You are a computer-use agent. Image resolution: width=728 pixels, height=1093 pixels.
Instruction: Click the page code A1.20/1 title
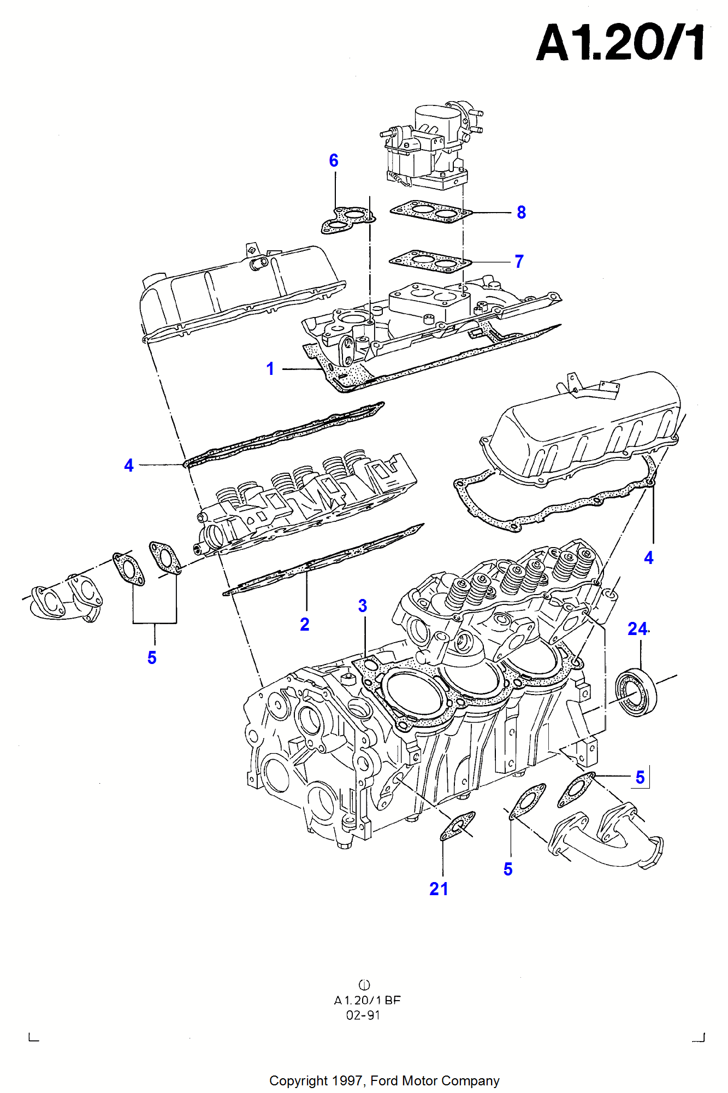(620, 43)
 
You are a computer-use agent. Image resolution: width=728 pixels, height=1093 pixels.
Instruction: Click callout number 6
(334, 161)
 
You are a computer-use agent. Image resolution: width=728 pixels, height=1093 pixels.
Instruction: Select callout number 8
(521, 213)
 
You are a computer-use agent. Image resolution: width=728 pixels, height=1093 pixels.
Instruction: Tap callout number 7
(519, 262)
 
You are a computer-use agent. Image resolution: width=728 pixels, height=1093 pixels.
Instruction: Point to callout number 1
(270, 369)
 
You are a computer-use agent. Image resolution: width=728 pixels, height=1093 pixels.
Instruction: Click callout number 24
(637, 629)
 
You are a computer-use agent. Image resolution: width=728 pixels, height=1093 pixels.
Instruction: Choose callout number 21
(439, 889)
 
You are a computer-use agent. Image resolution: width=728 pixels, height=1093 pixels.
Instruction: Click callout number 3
(363, 606)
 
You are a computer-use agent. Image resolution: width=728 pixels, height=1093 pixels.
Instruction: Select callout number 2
(305, 625)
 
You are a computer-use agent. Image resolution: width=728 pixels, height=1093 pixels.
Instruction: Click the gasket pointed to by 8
(430, 211)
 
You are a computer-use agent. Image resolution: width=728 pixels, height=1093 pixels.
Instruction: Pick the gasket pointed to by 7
(430, 262)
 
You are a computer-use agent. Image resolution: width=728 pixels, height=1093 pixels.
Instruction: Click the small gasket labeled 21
(458, 826)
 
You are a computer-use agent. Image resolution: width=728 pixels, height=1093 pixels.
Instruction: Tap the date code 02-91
(363, 1015)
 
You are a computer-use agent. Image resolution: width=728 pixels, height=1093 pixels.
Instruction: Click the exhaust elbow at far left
(66, 601)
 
